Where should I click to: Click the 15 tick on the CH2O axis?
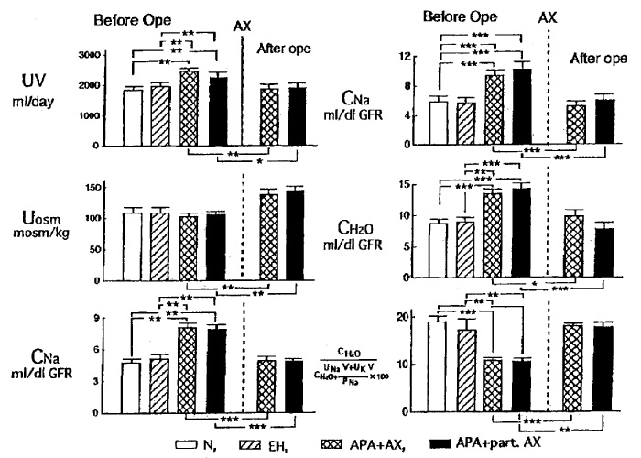[x=409, y=186]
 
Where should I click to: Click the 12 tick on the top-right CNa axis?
[x=409, y=57]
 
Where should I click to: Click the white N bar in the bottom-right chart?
[x=439, y=366]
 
